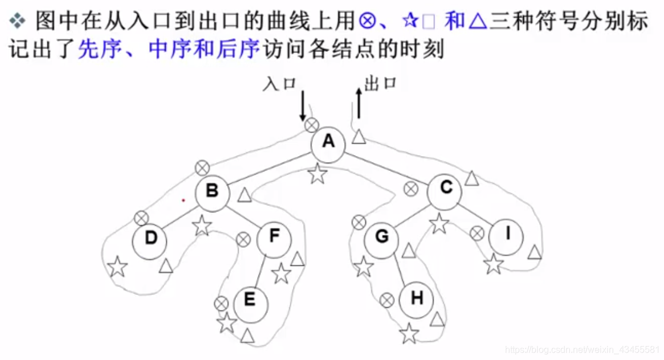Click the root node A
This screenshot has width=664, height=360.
click(x=328, y=142)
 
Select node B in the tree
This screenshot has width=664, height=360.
click(x=212, y=191)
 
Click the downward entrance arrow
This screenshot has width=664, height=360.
click(x=303, y=105)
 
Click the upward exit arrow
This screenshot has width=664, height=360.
click(x=358, y=103)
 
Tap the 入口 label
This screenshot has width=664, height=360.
click(x=279, y=84)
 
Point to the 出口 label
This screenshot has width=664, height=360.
click(x=380, y=84)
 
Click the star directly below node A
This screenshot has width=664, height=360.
click(x=317, y=174)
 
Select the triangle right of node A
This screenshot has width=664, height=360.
click(x=359, y=137)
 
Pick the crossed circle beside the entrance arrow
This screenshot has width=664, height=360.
click(x=311, y=125)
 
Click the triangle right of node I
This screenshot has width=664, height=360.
click(x=535, y=252)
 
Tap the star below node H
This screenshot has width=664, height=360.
click(x=409, y=334)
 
